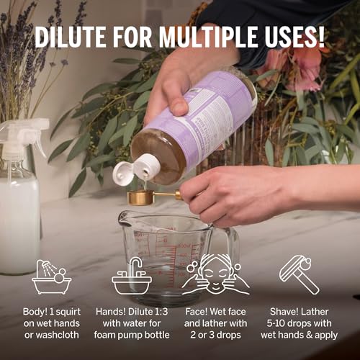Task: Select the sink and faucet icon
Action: (131, 278)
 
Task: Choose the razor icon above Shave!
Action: (299, 274)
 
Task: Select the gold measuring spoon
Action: (147, 197)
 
